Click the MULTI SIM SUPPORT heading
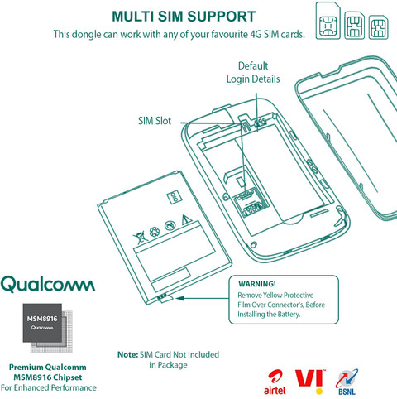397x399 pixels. [x=184, y=17]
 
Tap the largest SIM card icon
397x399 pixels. [x=328, y=21]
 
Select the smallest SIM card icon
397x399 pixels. [x=379, y=27]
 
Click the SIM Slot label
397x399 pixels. [x=155, y=121]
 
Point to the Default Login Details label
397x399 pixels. [x=253, y=72]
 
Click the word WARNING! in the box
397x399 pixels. [x=257, y=284]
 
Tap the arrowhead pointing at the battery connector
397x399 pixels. [x=179, y=298]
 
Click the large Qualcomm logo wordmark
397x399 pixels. [x=48, y=284]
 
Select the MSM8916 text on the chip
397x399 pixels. [x=42, y=319]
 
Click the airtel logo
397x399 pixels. [x=275, y=382]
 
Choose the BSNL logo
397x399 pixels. [x=347, y=382]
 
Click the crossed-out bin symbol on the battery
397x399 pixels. [x=140, y=237]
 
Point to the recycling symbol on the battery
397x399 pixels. [x=154, y=232]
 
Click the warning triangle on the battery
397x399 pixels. [x=186, y=220]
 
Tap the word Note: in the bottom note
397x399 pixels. [x=127, y=354]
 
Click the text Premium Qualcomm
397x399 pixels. [x=48, y=368]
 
